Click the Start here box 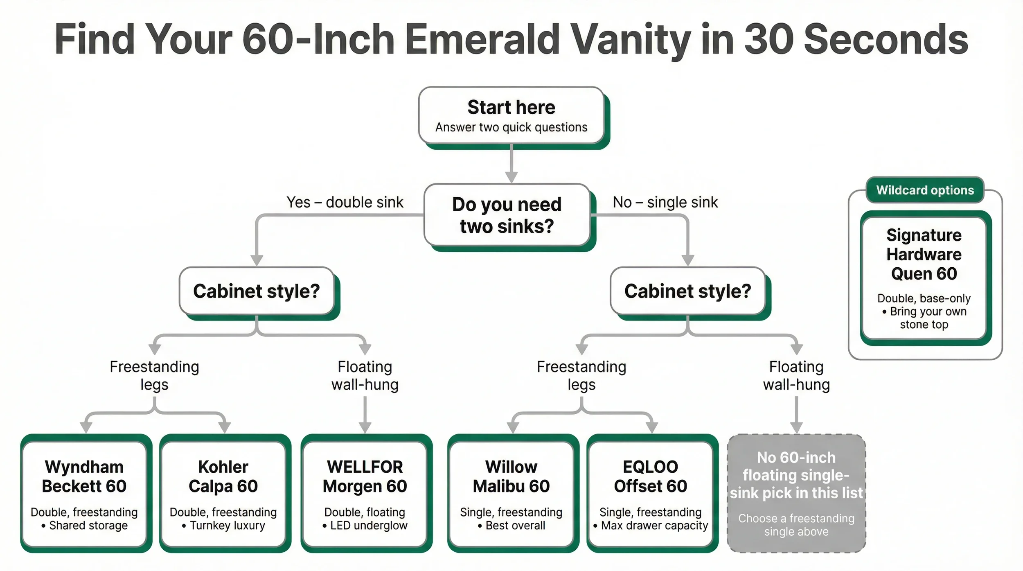[x=511, y=116]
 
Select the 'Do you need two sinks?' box [x=507, y=215]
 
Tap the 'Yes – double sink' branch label [x=345, y=202]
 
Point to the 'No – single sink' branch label [x=665, y=202]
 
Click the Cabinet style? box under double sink [x=257, y=291]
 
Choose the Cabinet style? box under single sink [x=687, y=291]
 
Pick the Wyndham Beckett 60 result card [x=84, y=494]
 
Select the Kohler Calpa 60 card [x=223, y=494]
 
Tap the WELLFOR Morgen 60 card [x=365, y=494]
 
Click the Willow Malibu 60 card [x=511, y=494]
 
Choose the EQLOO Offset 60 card [x=650, y=494]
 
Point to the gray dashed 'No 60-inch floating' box [x=796, y=494]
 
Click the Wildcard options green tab [x=925, y=190]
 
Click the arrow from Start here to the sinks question [x=511, y=164]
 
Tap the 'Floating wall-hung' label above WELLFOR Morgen [x=365, y=375]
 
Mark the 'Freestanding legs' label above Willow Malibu [x=581, y=375]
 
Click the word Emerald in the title [x=483, y=39]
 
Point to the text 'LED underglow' [x=369, y=526]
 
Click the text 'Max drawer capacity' [x=654, y=526]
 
